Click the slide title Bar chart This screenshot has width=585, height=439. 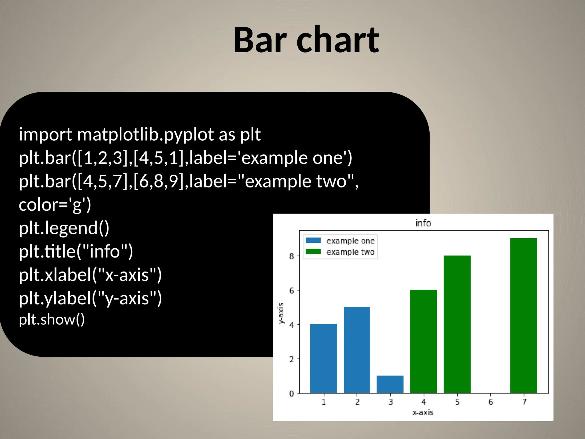[x=306, y=40]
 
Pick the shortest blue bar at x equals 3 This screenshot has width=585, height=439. [x=390, y=384]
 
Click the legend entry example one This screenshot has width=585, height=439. [x=350, y=241]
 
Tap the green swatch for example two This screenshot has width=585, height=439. [x=313, y=252]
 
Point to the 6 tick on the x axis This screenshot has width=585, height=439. [x=490, y=402]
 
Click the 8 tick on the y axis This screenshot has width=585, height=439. [x=291, y=256]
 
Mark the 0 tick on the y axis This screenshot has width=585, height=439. [x=291, y=394]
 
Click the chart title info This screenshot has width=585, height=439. [x=423, y=223]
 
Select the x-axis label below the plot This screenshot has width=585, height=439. [x=423, y=412]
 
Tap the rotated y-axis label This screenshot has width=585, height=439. [x=281, y=313]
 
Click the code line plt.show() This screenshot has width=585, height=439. [x=52, y=320]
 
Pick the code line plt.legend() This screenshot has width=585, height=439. [x=64, y=228]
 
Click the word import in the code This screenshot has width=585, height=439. [x=45, y=134]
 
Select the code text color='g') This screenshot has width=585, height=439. [x=55, y=205]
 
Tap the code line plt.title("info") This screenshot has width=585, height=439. [x=76, y=252]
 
